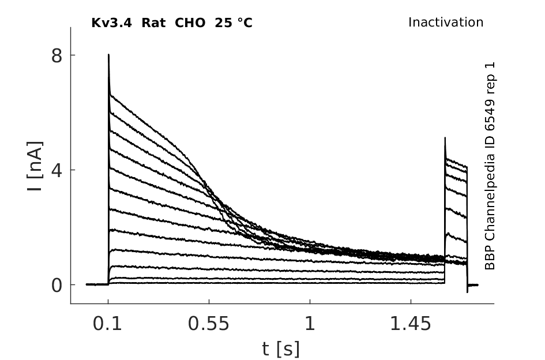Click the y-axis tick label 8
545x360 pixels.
[x=57, y=55]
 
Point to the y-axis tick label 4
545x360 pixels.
[x=57, y=170]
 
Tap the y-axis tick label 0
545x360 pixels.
[x=57, y=285]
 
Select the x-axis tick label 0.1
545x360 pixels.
[x=107, y=324]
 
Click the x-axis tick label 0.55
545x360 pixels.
[x=209, y=324]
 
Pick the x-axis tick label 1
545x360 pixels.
[x=310, y=324]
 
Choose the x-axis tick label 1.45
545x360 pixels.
[x=411, y=324]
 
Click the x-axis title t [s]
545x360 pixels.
[x=280, y=349]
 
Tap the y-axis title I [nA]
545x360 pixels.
[x=35, y=166]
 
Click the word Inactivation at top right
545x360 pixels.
[x=446, y=22]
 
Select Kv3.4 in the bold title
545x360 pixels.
[x=111, y=23]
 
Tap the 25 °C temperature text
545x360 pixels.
[x=234, y=23]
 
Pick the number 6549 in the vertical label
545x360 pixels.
[x=490, y=115]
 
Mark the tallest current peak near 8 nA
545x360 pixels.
[x=109, y=55]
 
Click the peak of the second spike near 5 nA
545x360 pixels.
[x=445, y=138]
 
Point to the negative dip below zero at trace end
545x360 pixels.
[x=467, y=291]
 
